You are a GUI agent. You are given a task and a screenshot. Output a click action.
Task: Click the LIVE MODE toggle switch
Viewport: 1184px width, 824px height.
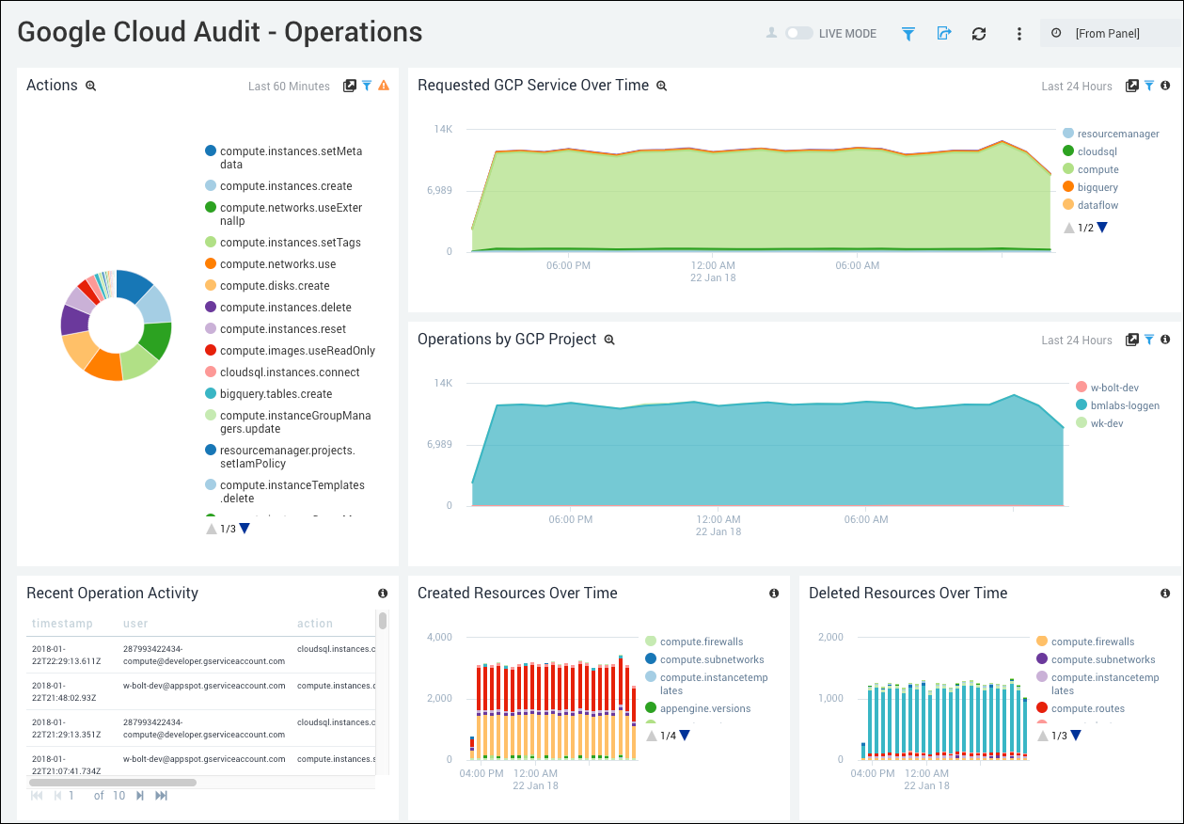(x=799, y=33)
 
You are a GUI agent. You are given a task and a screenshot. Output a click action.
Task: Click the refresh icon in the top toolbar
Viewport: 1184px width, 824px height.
(x=979, y=33)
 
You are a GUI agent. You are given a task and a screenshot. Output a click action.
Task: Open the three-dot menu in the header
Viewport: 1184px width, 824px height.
(x=1018, y=33)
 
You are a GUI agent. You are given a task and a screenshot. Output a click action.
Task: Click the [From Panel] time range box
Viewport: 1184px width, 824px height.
(x=1107, y=33)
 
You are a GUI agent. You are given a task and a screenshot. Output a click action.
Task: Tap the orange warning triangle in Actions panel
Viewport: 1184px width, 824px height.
(x=384, y=86)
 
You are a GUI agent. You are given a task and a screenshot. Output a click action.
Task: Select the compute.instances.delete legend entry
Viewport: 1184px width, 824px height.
(x=285, y=308)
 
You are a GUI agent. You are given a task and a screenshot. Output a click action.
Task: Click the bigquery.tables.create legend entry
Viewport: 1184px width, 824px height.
(x=276, y=394)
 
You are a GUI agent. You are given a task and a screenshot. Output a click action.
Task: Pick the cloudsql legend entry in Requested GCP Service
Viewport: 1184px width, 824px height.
(x=1097, y=151)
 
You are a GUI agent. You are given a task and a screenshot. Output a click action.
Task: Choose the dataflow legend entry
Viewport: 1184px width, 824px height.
(x=1097, y=205)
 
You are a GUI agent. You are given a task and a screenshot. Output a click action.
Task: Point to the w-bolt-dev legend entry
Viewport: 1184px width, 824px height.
(x=1114, y=388)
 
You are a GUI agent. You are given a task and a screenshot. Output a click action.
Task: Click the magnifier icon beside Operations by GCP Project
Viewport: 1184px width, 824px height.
(x=609, y=340)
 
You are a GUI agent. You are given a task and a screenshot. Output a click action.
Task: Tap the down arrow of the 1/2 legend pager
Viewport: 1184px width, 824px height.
(x=1102, y=228)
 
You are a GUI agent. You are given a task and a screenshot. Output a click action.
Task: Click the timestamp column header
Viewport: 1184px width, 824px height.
(x=62, y=624)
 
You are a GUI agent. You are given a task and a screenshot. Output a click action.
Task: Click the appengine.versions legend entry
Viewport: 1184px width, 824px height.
(x=704, y=708)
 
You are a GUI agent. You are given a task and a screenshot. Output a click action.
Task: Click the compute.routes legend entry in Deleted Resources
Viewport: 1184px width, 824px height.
(x=1087, y=708)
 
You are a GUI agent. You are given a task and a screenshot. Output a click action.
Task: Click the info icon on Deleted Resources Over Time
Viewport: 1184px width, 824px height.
(x=1165, y=594)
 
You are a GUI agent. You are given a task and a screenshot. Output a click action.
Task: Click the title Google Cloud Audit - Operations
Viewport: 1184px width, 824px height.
(x=220, y=32)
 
